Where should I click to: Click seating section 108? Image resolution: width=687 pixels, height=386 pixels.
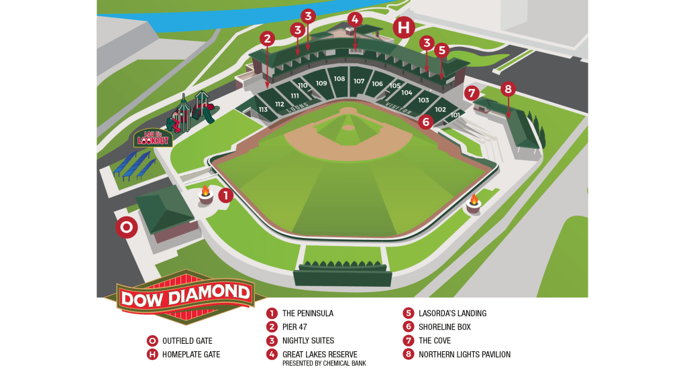(339, 79)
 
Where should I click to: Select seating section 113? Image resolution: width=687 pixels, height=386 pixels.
(263, 109)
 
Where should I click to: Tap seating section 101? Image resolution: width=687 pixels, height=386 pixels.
(456, 115)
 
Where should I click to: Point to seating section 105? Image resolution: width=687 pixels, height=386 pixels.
(395, 86)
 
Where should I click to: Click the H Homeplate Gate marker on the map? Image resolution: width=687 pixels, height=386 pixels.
(404, 27)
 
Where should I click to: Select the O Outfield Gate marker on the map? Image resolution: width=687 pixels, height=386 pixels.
(126, 228)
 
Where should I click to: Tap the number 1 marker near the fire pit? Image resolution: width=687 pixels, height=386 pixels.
(225, 196)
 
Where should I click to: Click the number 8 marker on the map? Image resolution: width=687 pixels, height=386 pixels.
(508, 89)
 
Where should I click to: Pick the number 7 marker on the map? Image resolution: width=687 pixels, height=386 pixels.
(472, 93)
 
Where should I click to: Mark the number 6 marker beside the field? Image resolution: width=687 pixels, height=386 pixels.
(425, 122)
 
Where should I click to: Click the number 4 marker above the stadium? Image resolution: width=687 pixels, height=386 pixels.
(355, 19)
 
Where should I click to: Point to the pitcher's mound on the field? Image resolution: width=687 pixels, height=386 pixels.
(348, 127)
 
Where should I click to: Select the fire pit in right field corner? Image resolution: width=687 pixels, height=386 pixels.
(474, 204)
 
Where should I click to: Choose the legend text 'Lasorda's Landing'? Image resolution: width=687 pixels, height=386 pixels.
(453, 314)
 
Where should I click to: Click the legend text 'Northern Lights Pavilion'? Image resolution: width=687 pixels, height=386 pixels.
(464, 355)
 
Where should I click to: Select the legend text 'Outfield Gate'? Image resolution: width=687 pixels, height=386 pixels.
(187, 341)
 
